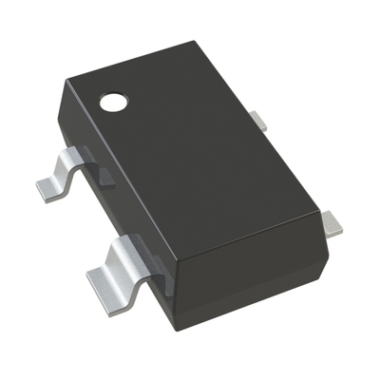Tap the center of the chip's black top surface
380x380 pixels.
pyautogui.click(x=195, y=152)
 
